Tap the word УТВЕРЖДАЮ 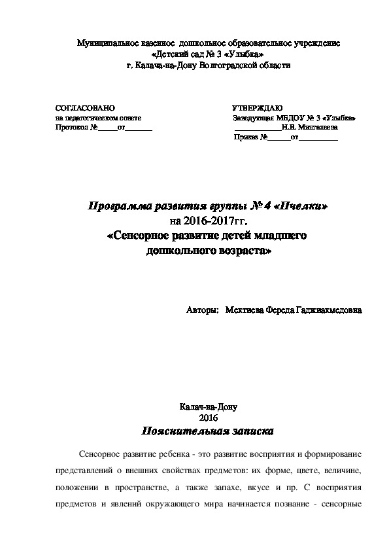[x=257, y=107]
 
